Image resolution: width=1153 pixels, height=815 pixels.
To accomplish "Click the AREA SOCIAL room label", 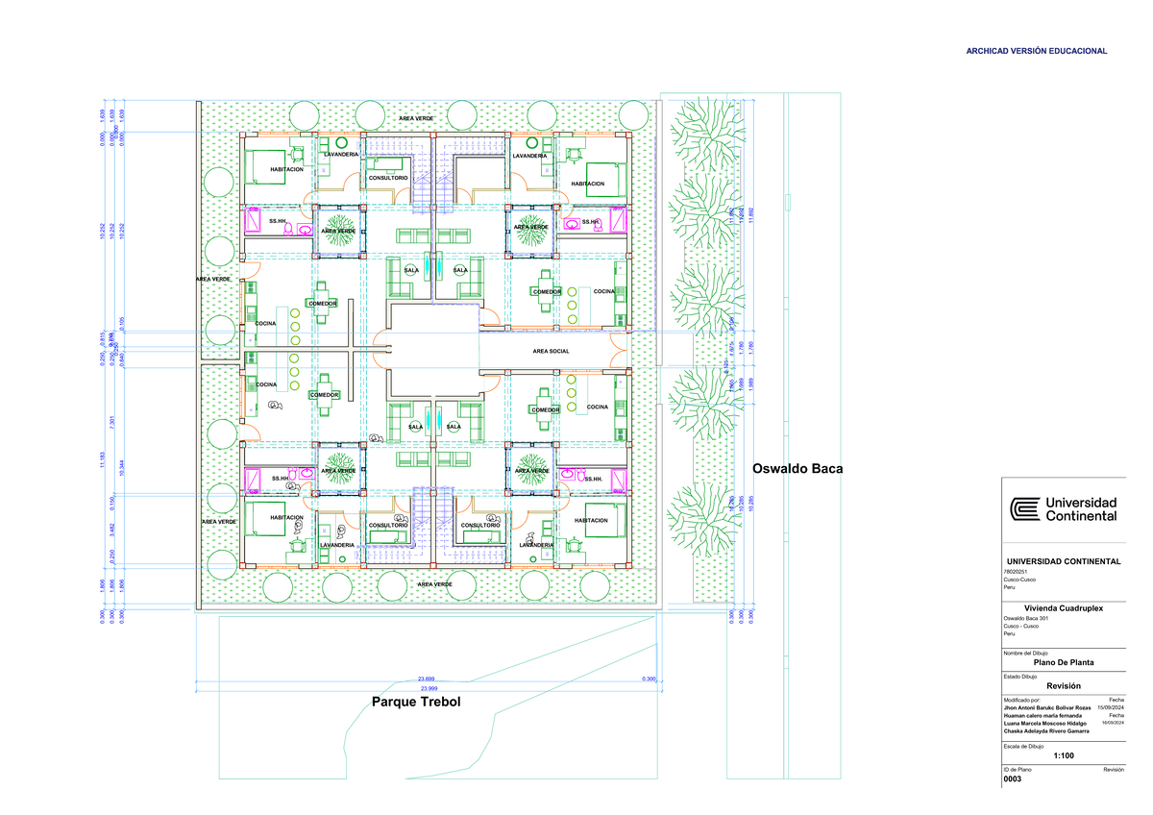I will pyautogui.click(x=551, y=352).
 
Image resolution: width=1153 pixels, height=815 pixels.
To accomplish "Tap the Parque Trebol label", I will pyautogui.click(x=416, y=703).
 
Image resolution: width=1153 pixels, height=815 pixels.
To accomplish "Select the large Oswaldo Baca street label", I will pyautogui.click(x=797, y=469).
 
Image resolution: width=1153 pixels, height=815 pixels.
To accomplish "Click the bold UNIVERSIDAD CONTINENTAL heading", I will pyautogui.click(x=1063, y=561).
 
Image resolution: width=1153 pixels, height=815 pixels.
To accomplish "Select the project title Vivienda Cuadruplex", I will pyautogui.click(x=1063, y=607).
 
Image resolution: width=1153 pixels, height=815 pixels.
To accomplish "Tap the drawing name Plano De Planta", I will pyautogui.click(x=1063, y=662).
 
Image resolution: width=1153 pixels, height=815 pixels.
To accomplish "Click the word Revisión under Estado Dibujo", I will pyautogui.click(x=1063, y=685).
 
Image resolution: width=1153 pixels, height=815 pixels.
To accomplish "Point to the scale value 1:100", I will pyautogui.click(x=1063, y=756).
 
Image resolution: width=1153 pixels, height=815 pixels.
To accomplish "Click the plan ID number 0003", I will pyautogui.click(x=1012, y=779).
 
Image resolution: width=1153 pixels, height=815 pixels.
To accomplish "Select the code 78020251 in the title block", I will pyautogui.click(x=1018, y=572).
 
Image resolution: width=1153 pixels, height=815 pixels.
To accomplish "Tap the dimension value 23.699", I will pyautogui.click(x=425, y=679).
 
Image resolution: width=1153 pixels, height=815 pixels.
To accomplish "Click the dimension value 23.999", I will pyautogui.click(x=428, y=689).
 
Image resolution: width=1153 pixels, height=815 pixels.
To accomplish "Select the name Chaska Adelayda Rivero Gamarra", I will pyautogui.click(x=1046, y=731).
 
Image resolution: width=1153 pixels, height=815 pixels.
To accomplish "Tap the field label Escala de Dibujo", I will pyautogui.click(x=1023, y=746).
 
